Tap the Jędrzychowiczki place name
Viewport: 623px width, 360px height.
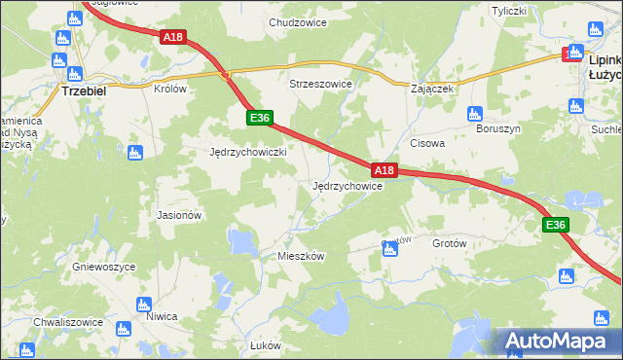point(247,153)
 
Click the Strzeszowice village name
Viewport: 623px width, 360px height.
point(320,85)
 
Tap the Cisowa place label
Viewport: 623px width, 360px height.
point(427,143)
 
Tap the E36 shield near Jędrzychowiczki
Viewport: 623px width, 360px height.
point(257,118)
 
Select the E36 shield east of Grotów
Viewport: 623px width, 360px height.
point(555,226)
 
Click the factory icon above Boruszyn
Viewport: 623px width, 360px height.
point(474,113)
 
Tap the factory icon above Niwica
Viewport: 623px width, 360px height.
point(144,302)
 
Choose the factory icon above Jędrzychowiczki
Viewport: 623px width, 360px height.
point(134,152)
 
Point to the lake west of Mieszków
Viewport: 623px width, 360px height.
point(240,240)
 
